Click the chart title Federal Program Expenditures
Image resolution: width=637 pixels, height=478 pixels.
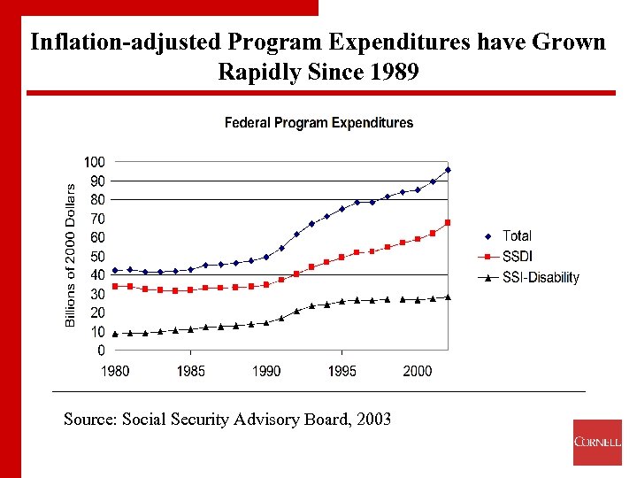318,123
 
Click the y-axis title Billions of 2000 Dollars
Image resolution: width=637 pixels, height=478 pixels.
71,254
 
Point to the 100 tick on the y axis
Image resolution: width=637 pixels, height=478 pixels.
95,162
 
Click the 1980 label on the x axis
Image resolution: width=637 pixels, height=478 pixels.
115,371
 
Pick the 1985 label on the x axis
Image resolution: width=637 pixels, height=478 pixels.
191,371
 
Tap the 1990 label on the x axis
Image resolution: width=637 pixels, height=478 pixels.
266,371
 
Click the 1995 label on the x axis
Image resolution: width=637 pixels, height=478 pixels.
342,371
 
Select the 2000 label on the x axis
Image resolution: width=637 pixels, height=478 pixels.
418,371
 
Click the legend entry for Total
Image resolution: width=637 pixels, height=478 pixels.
517,235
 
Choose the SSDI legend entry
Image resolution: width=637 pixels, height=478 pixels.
517,257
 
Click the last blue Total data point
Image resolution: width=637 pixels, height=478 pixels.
449,170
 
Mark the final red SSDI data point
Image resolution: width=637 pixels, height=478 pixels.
449,222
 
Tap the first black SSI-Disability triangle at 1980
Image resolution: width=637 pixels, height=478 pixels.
115,334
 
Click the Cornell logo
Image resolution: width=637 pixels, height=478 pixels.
597,442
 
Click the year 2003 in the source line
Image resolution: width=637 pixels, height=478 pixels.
372,419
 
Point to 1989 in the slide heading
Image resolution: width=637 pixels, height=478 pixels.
392,72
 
